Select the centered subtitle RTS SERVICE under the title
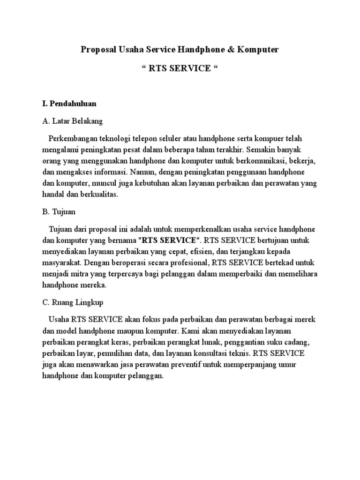pos(180,68)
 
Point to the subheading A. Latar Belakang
pos(72,121)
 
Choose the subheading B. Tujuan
pos(59,211)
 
